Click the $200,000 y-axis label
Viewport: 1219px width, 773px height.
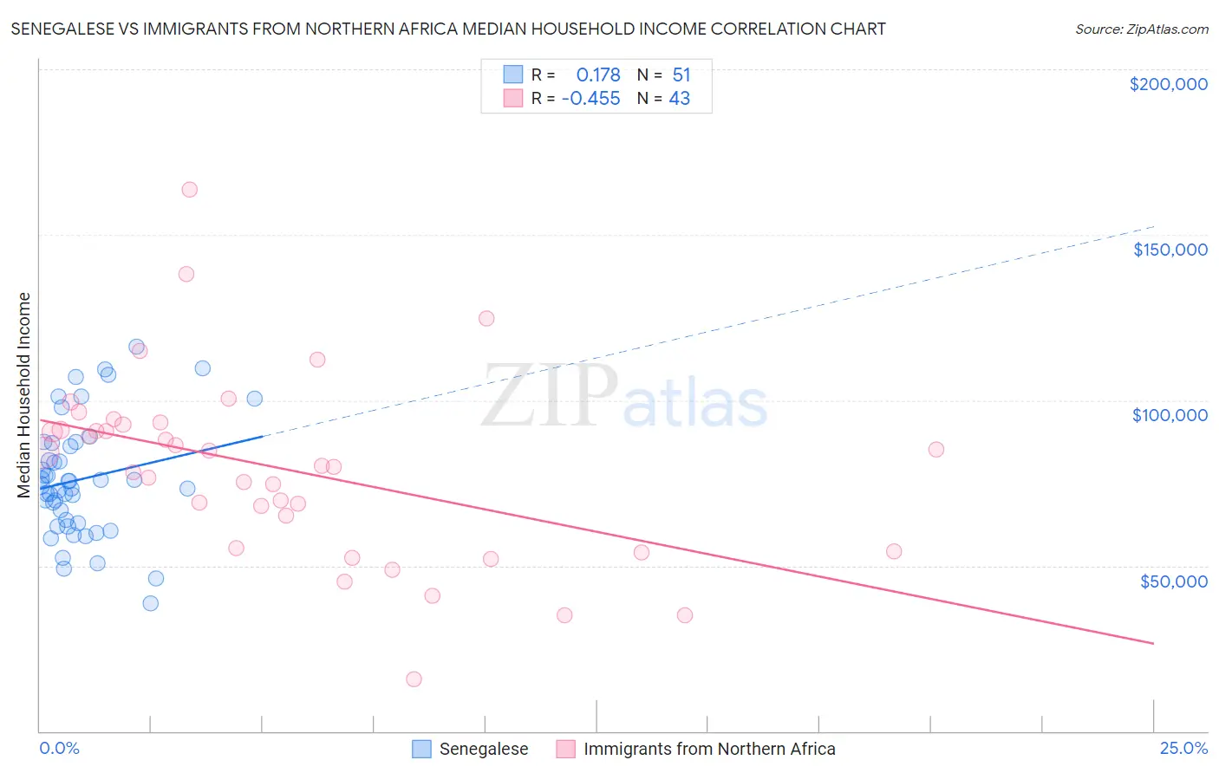pyautogui.click(x=1168, y=84)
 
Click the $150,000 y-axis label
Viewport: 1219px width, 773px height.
pyautogui.click(x=1170, y=250)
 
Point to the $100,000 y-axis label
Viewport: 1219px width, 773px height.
pyautogui.click(x=1170, y=415)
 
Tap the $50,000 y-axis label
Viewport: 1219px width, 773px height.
pyautogui.click(x=1173, y=581)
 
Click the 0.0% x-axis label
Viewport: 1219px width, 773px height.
pyautogui.click(x=59, y=748)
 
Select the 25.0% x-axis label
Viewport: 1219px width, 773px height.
pyautogui.click(x=1183, y=748)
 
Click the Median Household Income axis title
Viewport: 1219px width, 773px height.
pyautogui.click(x=24, y=395)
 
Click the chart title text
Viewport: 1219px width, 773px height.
pyautogui.click(x=448, y=29)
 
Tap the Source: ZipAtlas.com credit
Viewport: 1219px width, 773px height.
pyautogui.click(x=1141, y=29)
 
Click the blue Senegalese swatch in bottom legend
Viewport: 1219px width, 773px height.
pyautogui.click(x=421, y=749)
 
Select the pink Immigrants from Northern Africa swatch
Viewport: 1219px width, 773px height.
pyautogui.click(x=565, y=749)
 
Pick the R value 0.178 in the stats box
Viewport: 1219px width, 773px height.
pyautogui.click(x=598, y=75)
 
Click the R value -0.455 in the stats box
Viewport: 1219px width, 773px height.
pyautogui.click(x=591, y=99)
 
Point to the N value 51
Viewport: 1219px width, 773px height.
pyautogui.click(x=681, y=75)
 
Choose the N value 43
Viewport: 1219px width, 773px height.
pyautogui.click(x=680, y=99)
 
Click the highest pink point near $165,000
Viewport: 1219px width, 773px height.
pyautogui.click(x=189, y=190)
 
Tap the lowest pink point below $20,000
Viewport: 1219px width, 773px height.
pyautogui.click(x=414, y=679)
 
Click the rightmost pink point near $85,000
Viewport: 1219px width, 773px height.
pyautogui.click(x=935, y=450)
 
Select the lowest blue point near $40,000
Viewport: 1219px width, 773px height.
pyautogui.click(x=151, y=603)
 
